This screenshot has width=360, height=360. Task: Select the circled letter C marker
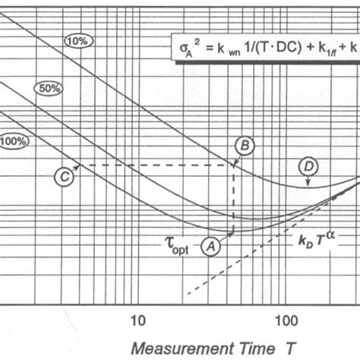tap(65, 176)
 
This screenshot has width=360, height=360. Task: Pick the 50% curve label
tap(48, 89)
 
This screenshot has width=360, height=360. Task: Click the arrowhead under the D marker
tap(308, 183)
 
